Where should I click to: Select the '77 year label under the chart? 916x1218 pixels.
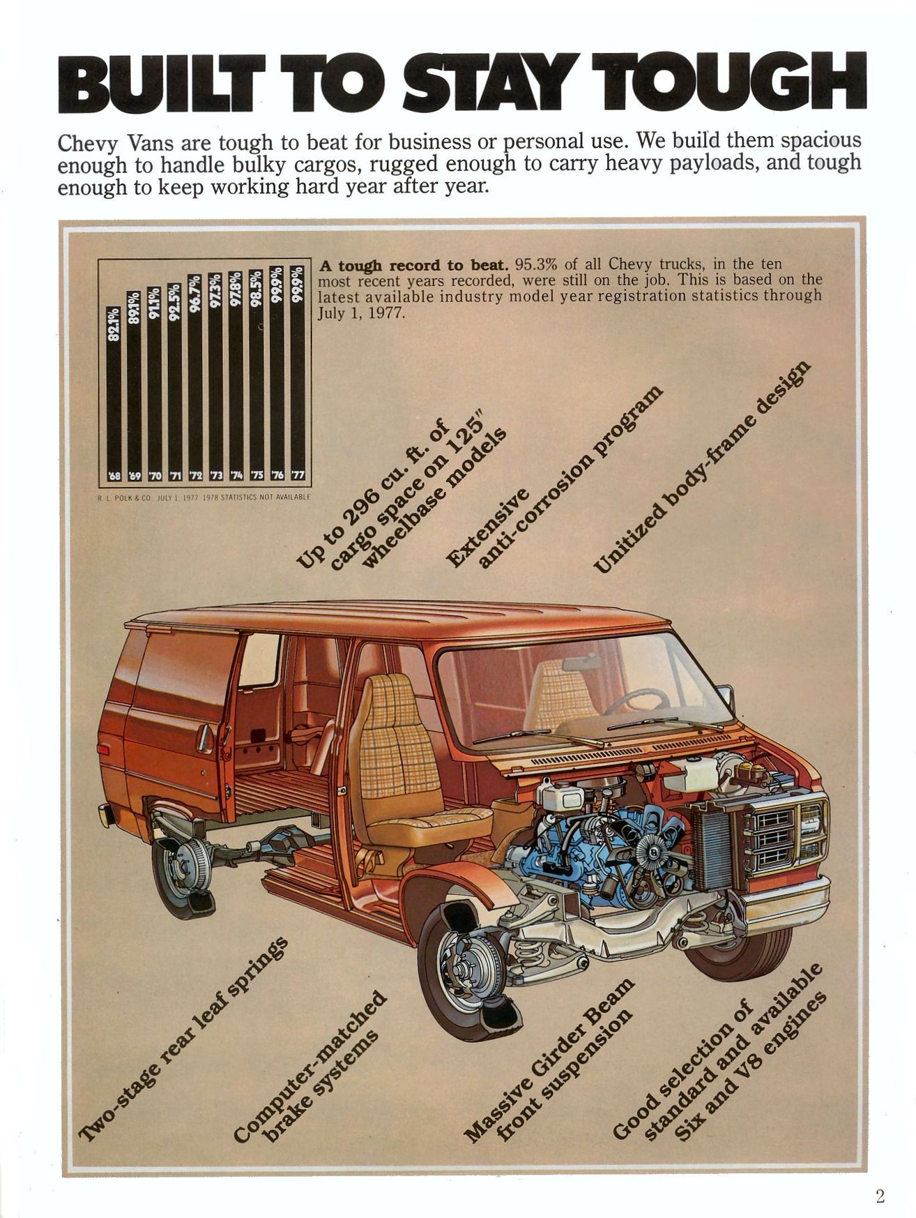298,475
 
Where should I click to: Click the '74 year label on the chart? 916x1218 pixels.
237,475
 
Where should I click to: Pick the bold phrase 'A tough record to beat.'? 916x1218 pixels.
413,265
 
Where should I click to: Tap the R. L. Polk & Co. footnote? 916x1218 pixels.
204,497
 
